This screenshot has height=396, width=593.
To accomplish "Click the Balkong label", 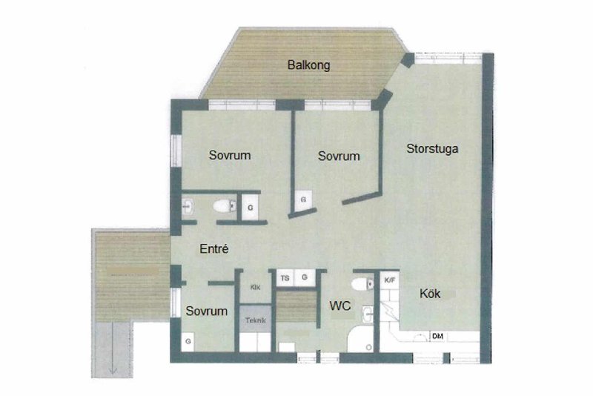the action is point(308,65).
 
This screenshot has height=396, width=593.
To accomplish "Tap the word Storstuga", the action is point(432,148).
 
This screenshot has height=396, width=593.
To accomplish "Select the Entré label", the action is point(214,248).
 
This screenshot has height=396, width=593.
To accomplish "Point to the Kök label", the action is point(430,294).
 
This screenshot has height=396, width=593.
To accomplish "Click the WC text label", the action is point(340,306).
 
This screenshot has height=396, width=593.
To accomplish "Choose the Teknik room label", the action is point(256,320).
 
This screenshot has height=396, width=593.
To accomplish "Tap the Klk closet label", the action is point(255,288).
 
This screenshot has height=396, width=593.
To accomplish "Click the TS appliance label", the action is point(285,278).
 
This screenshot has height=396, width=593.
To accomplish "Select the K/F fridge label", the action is point(390,280).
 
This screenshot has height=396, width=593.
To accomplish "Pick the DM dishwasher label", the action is point(437,336).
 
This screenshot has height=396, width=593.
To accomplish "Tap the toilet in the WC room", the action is point(362,284).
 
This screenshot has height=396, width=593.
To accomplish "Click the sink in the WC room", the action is point(368,314).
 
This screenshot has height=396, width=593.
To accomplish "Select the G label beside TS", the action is point(305,277).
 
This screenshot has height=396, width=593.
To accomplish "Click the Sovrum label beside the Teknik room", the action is point(207,311).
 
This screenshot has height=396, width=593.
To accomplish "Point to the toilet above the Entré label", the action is point(225,206).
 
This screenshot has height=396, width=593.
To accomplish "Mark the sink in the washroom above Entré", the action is point(188,207).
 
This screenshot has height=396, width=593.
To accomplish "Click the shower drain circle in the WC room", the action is point(368,347).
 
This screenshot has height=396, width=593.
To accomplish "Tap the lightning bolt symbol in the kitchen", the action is point(390,312).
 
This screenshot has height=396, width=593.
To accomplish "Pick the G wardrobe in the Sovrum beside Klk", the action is point(188,342).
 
